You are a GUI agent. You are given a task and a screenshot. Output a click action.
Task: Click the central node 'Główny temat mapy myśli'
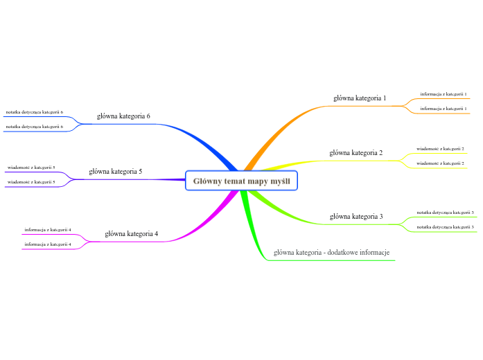[241, 181]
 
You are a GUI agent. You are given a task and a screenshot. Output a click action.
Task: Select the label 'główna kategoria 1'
[360, 98]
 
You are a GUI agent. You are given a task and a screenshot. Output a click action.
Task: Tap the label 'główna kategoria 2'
[355, 152]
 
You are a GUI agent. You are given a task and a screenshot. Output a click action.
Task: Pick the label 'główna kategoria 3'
[356, 216]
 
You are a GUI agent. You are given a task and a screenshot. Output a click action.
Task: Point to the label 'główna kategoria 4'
[132, 234]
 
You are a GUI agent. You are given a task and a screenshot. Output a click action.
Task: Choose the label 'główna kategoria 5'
[116, 171]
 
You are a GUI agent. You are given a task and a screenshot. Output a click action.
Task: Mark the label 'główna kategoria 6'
[123, 116]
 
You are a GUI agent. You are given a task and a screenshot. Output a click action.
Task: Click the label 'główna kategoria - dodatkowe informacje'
[332, 252]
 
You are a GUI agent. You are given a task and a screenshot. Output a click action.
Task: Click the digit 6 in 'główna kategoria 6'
[148, 116]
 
